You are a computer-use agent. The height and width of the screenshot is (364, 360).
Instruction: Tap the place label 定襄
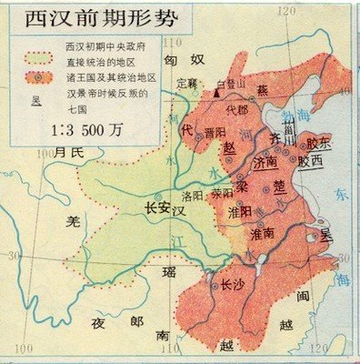[185, 84]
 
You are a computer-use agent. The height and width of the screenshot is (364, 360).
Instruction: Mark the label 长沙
[233, 285]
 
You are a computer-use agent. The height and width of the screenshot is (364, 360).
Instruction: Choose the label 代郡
[236, 110]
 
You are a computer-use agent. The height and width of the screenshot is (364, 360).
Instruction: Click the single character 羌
[76, 220]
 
